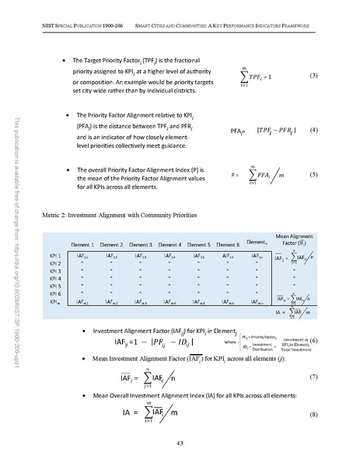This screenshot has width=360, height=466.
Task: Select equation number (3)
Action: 313,76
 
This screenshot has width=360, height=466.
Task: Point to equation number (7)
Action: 313,376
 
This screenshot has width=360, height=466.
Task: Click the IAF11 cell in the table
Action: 82,255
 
